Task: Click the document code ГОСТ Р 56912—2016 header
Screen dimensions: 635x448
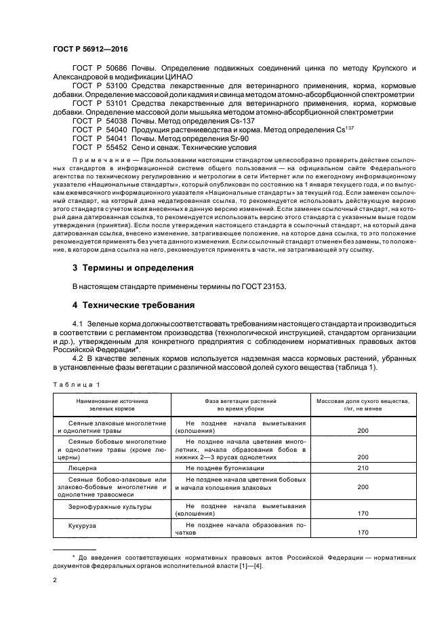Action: pos(90,50)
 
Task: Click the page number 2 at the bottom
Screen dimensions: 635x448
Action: pos(55,581)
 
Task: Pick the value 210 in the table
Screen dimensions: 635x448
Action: pos(363,468)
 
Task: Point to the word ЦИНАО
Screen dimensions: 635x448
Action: pos(178,77)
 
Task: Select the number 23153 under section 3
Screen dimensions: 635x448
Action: pos(272,286)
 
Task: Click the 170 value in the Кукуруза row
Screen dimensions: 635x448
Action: pos(363,533)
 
